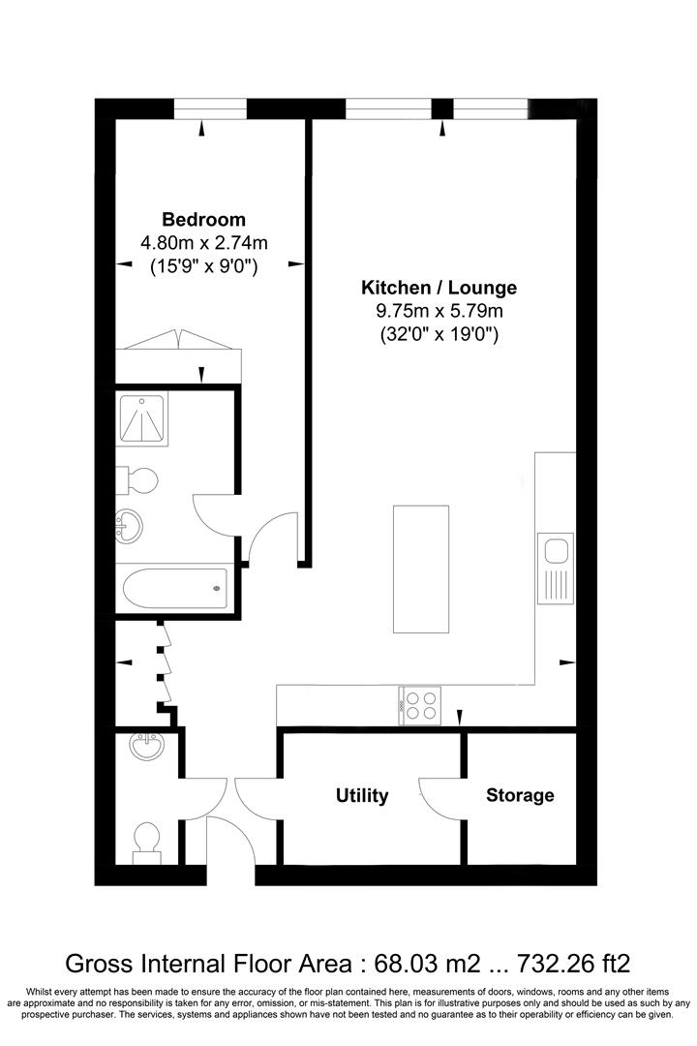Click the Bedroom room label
(203, 220)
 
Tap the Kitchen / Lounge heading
(439, 288)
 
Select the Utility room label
(362, 795)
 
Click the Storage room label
(520, 795)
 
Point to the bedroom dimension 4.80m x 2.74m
(204, 243)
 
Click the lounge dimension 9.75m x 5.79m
(439, 311)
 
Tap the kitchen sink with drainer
(556, 568)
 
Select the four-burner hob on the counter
(419, 705)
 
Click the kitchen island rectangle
(421, 569)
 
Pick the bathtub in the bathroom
(175, 588)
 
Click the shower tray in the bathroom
(142, 419)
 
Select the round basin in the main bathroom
(129, 526)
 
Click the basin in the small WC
(147, 746)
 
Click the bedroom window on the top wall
(210, 108)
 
